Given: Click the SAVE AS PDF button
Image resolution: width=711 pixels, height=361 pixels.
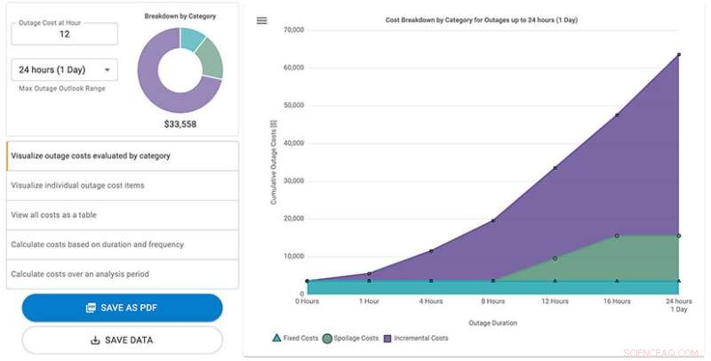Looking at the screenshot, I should pyautogui.click(x=122, y=308).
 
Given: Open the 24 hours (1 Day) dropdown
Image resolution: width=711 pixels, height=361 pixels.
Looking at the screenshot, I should pyautogui.click(x=64, y=69).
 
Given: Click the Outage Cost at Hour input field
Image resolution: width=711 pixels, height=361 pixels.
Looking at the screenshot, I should pyautogui.click(x=64, y=34).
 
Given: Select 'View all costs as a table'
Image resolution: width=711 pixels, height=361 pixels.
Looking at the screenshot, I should pyautogui.click(x=122, y=214).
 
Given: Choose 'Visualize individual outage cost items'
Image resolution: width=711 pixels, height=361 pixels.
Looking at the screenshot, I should pyautogui.click(x=122, y=185).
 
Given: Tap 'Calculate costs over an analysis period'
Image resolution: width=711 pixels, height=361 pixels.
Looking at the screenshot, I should pyautogui.click(x=122, y=274).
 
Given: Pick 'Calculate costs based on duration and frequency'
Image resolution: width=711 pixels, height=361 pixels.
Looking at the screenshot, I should pyautogui.click(x=122, y=244).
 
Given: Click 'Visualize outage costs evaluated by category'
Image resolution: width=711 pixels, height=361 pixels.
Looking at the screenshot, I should pyautogui.click(x=122, y=156).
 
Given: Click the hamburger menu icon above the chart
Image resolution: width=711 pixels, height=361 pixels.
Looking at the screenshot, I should pyautogui.click(x=261, y=20).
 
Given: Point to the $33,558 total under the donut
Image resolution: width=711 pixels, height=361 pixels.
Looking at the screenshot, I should pyautogui.click(x=180, y=124).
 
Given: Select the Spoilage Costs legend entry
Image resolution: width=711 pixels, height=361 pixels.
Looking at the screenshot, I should pyautogui.click(x=351, y=338).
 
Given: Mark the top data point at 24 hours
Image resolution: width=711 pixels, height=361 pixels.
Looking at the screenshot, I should pyautogui.click(x=679, y=55).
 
